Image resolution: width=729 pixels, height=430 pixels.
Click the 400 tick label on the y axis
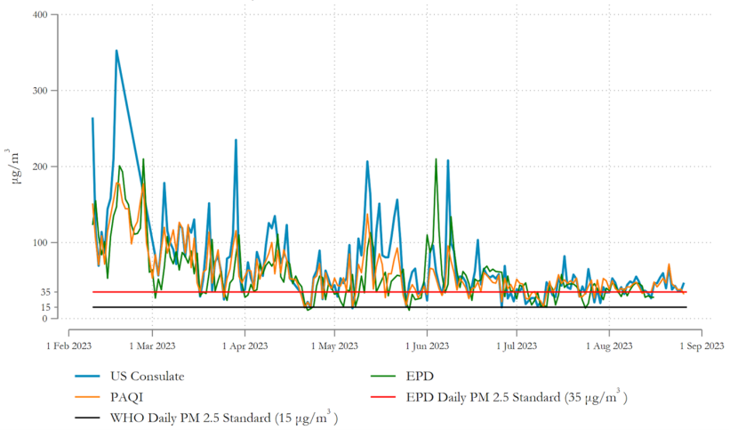point(38,15)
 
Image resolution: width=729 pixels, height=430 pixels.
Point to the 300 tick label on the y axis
point(38,91)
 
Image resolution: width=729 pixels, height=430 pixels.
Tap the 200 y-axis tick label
point(38,166)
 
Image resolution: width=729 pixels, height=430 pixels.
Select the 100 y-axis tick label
point(38,242)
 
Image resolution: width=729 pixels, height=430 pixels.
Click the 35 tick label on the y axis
point(42,292)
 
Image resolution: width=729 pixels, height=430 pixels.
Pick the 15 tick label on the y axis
point(42,307)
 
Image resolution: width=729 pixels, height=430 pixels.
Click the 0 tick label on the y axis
point(44,319)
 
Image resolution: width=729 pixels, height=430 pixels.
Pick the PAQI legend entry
point(126,397)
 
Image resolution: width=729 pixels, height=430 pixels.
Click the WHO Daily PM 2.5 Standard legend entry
point(222,418)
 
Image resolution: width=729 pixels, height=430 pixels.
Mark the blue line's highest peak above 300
point(116,51)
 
